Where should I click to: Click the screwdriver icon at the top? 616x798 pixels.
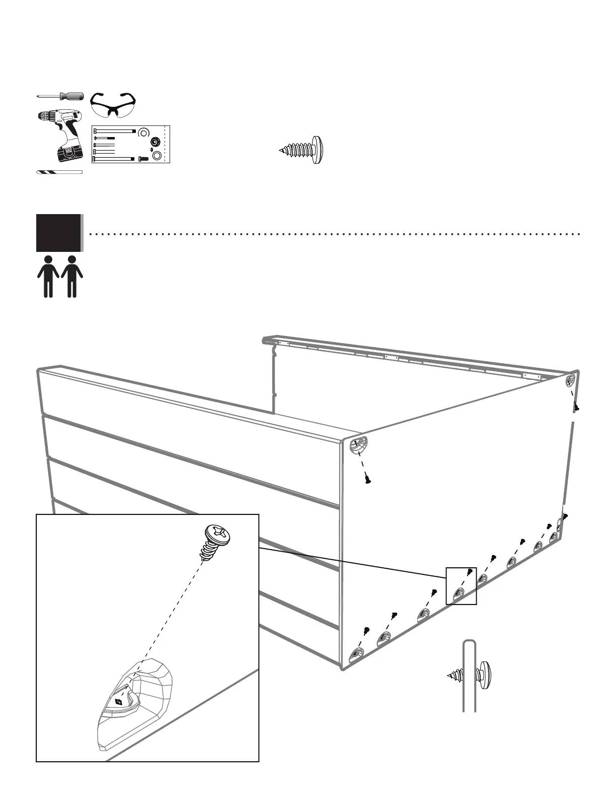(60, 96)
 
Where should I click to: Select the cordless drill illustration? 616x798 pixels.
(61, 134)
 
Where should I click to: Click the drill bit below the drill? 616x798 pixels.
(59, 172)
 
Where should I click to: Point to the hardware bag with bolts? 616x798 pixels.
(131, 145)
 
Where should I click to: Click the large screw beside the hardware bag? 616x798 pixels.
(302, 150)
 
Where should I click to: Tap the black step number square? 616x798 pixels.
(58, 233)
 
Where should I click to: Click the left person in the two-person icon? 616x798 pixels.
(48, 276)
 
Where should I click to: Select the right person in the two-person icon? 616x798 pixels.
(72, 276)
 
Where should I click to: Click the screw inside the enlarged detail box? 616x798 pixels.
(215, 542)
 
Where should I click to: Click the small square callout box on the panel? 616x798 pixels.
(461, 585)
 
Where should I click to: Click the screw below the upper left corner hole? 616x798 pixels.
(368, 480)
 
